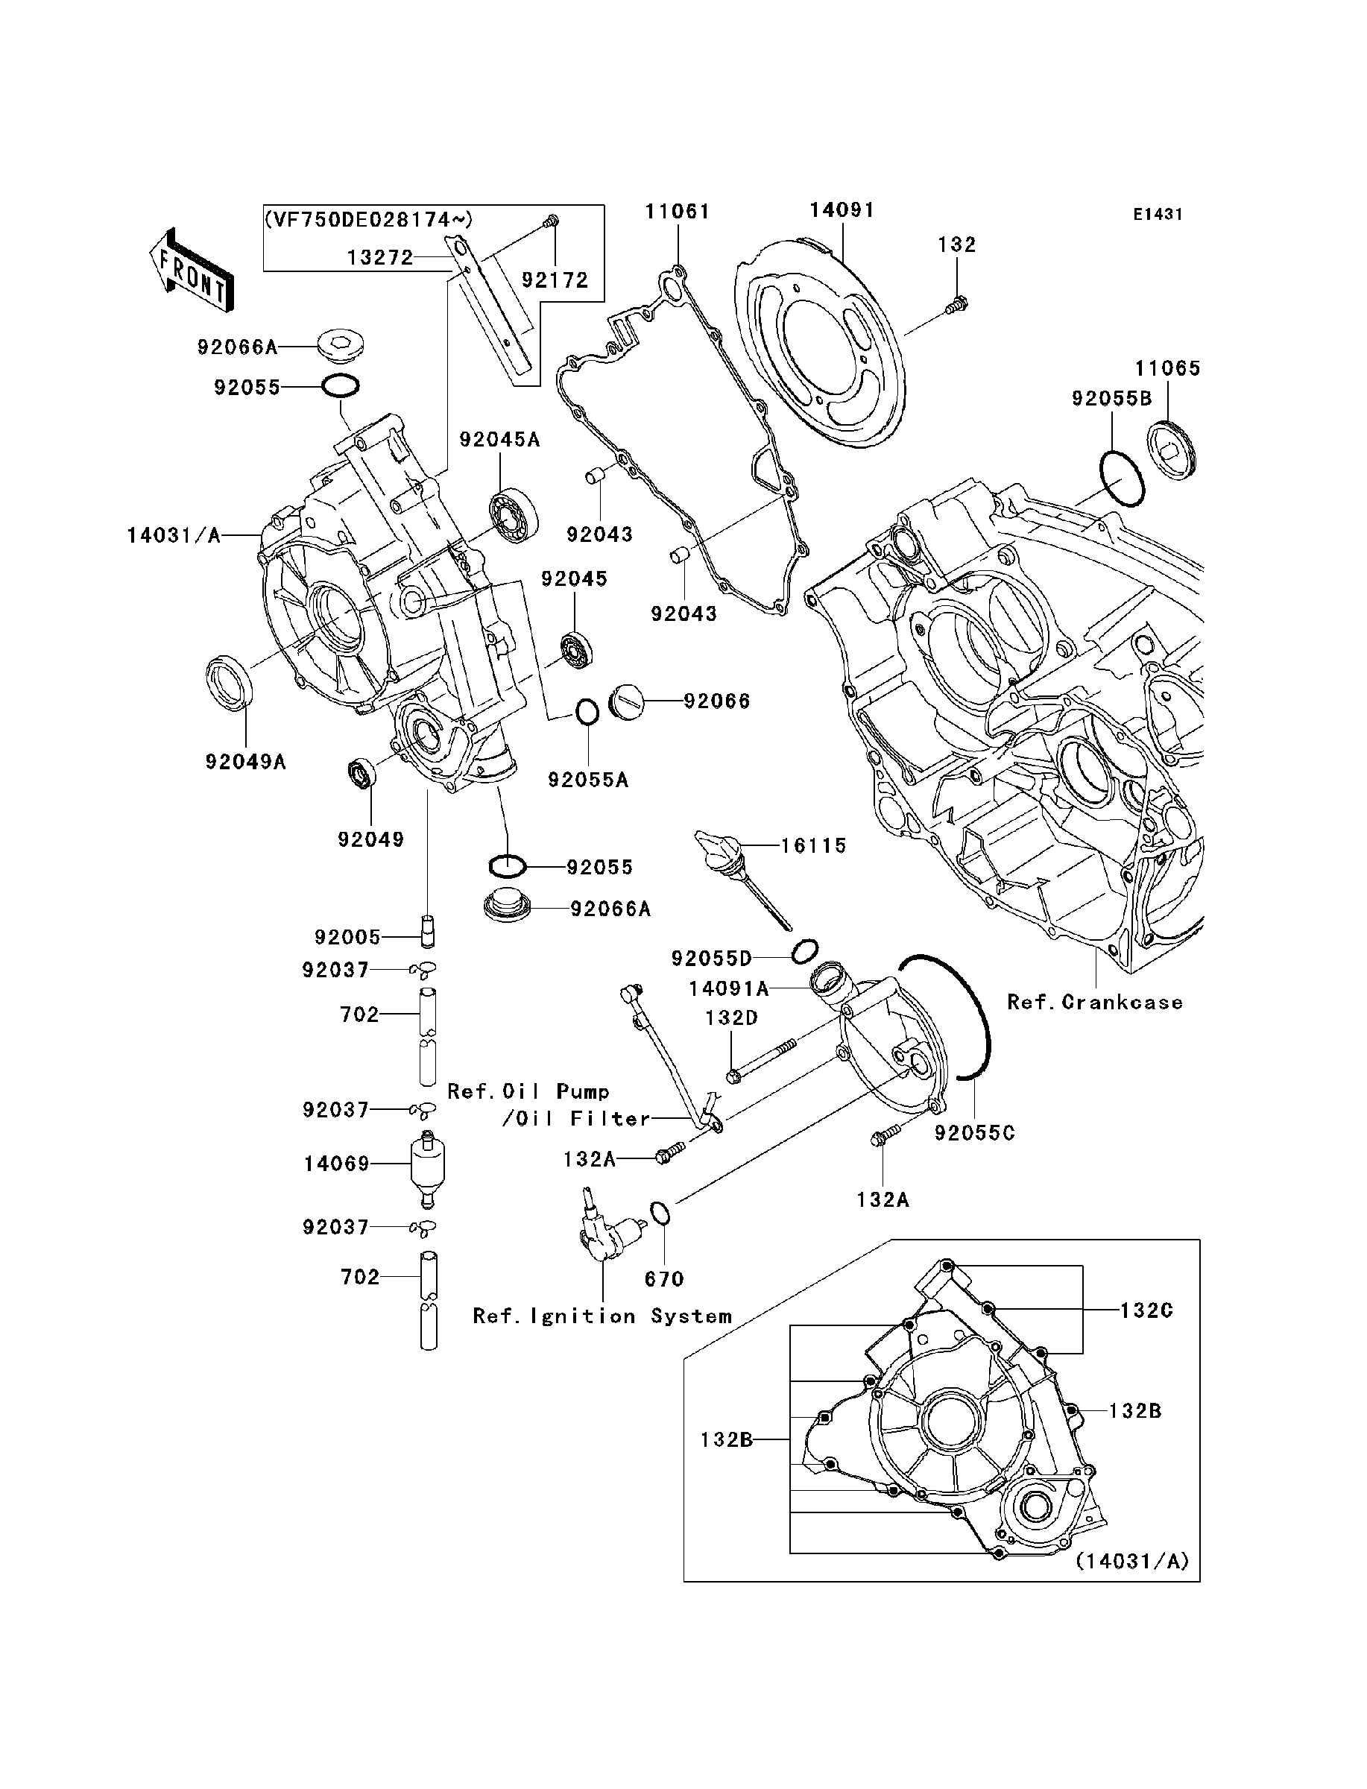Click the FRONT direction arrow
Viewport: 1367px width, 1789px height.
coord(192,269)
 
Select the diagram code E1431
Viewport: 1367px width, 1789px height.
coord(1157,215)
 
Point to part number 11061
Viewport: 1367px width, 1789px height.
coord(677,212)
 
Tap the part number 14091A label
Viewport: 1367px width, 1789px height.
coord(728,988)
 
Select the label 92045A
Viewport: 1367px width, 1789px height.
coord(499,440)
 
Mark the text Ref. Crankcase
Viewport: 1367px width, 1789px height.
coord(1094,1003)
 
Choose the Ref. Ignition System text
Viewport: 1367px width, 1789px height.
coord(602,1316)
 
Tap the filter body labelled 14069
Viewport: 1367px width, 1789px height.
coord(428,1164)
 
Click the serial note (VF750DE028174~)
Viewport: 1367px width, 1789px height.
coord(367,220)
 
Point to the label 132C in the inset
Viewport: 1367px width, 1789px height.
coord(1146,1310)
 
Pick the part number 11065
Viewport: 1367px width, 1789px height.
coord(1168,368)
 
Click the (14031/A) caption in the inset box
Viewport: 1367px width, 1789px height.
coord(1132,1561)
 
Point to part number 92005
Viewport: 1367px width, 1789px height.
coord(347,937)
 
